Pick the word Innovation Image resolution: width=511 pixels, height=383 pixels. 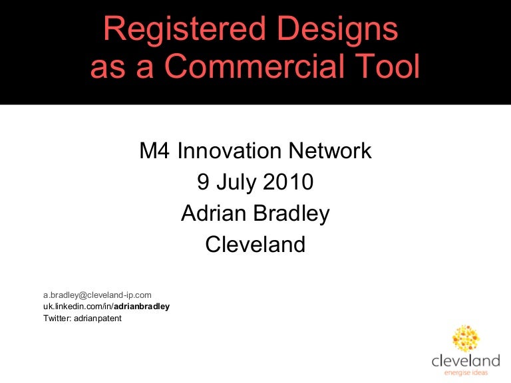[x=230, y=151]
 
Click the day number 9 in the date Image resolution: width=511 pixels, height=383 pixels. [x=204, y=182]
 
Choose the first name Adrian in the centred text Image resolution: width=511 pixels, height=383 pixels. [x=212, y=213]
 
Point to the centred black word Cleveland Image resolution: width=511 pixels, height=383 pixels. [x=255, y=245]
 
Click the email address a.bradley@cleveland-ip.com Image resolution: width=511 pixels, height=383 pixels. [x=98, y=295]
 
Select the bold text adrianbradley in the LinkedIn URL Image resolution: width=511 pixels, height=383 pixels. [x=142, y=307]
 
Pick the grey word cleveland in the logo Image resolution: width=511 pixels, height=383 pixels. [x=465, y=361]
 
